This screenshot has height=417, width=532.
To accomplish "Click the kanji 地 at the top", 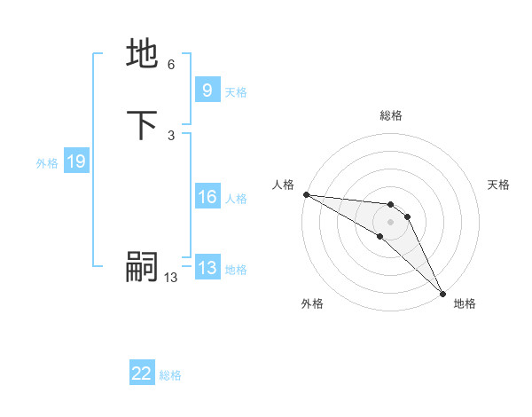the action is (143, 53).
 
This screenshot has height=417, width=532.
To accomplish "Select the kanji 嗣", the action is (143, 267).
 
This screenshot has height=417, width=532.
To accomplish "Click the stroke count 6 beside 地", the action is (170, 65).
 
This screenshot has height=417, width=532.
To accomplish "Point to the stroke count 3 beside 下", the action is (170, 135).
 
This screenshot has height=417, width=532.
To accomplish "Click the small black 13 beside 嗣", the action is (170, 278).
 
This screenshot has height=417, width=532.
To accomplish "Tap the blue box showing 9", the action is (207, 90).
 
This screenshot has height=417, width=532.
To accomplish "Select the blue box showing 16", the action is (207, 198).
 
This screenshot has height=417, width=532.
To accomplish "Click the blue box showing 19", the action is (75, 161).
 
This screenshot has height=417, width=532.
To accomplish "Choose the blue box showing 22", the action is (142, 374).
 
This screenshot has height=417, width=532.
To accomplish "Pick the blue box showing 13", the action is (207, 269).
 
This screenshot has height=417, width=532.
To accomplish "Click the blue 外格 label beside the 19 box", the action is (47, 162).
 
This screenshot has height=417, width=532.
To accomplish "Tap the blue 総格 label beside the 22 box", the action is (170, 375).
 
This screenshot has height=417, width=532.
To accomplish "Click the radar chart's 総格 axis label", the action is (391, 115).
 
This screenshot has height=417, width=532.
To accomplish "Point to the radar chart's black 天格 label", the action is (499, 185).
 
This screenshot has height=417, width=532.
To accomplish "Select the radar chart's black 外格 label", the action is (312, 303).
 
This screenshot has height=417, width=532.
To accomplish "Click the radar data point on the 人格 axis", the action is (305, 194).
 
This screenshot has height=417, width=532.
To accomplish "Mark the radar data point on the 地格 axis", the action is (443, 294).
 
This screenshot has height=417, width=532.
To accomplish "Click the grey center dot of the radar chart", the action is (391, 222).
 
